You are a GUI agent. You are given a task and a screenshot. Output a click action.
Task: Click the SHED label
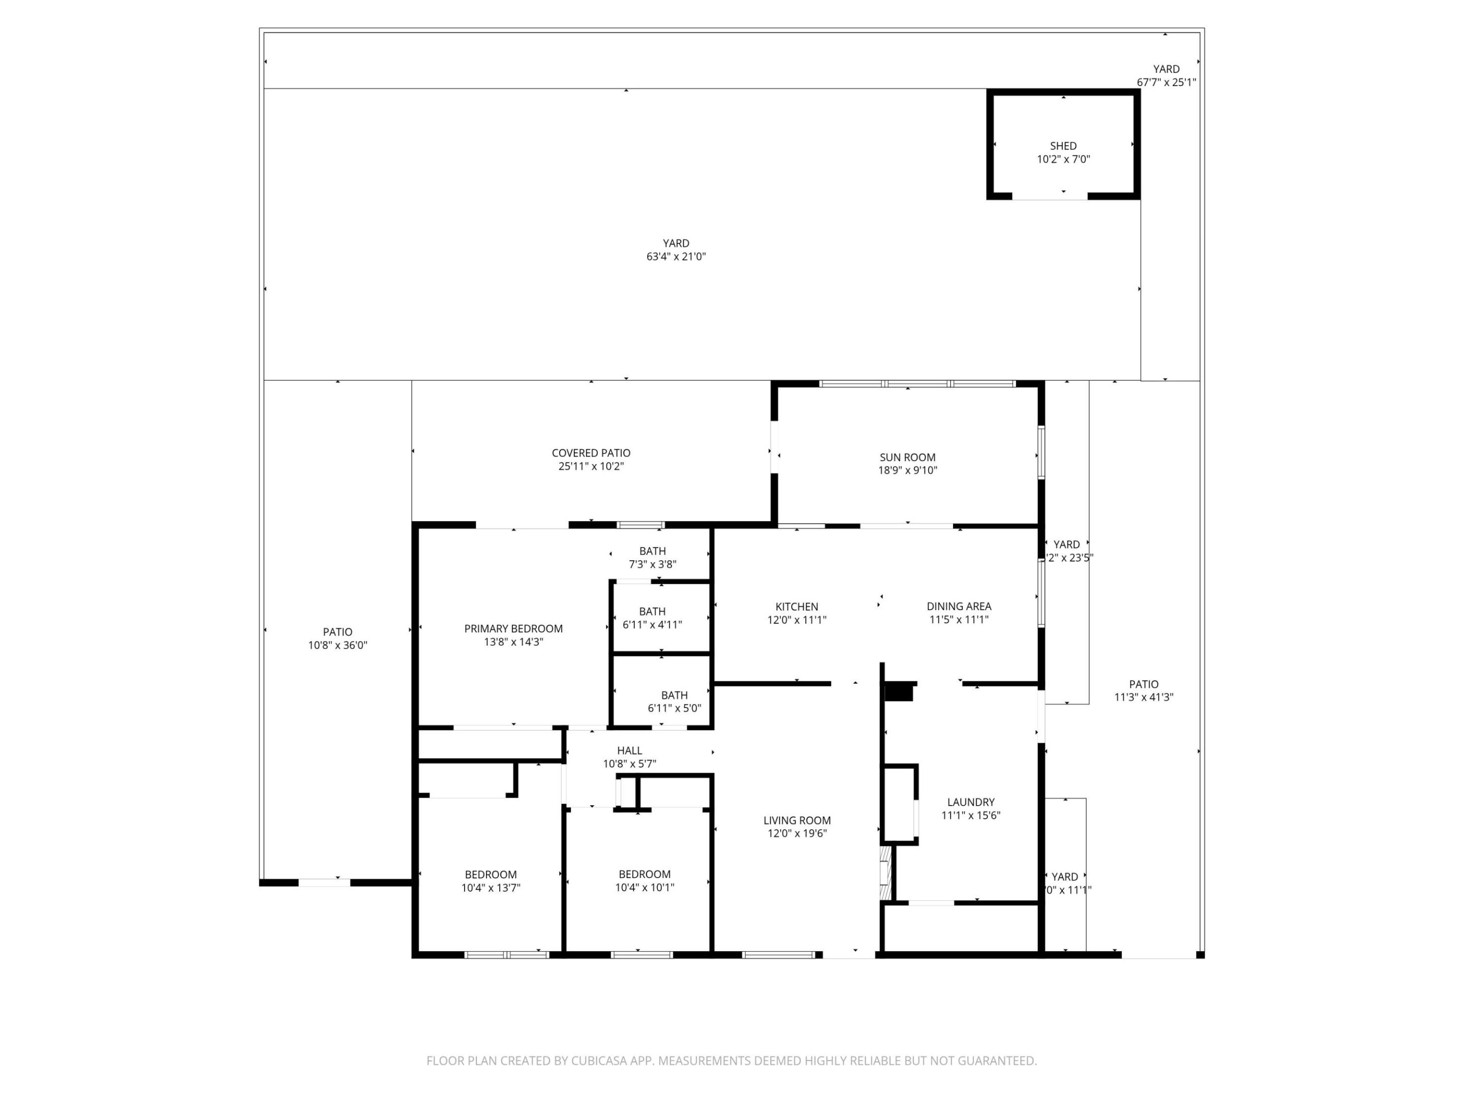tap(1063, 145)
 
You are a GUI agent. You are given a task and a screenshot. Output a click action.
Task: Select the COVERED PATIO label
tap(591, 453)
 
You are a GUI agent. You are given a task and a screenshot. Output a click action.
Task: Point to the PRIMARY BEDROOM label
tap(513, 629)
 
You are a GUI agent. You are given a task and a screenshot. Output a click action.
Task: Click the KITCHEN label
tap(797, 606)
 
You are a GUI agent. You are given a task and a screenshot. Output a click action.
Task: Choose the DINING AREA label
tap(958, 606)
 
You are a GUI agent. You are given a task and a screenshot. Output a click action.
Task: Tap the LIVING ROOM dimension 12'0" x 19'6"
tap(797, 833)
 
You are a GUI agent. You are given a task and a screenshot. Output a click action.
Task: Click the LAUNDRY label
tap(970, 802)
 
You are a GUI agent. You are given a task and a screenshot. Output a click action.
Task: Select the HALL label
tap(629, 750)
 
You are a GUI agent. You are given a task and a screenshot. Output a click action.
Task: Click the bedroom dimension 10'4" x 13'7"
tap(491, 888)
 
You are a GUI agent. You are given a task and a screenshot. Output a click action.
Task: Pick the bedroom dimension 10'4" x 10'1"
tap(644, 888)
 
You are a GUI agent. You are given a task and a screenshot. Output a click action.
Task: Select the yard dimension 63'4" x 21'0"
tap(676, 257)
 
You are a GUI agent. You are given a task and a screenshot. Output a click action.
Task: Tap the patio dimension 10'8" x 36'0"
tap(338, 645)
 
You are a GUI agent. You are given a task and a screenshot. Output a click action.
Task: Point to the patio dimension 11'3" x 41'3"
tap(1144, 697)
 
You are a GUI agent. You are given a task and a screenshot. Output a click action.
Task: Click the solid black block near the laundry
tap(899, 693)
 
